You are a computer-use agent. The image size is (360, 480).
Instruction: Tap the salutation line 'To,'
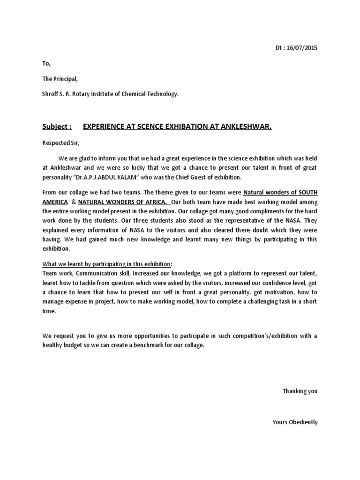(46, 63)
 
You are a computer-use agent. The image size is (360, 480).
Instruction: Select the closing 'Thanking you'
(300, 391)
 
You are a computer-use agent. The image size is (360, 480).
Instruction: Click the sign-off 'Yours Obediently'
(295, 422)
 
